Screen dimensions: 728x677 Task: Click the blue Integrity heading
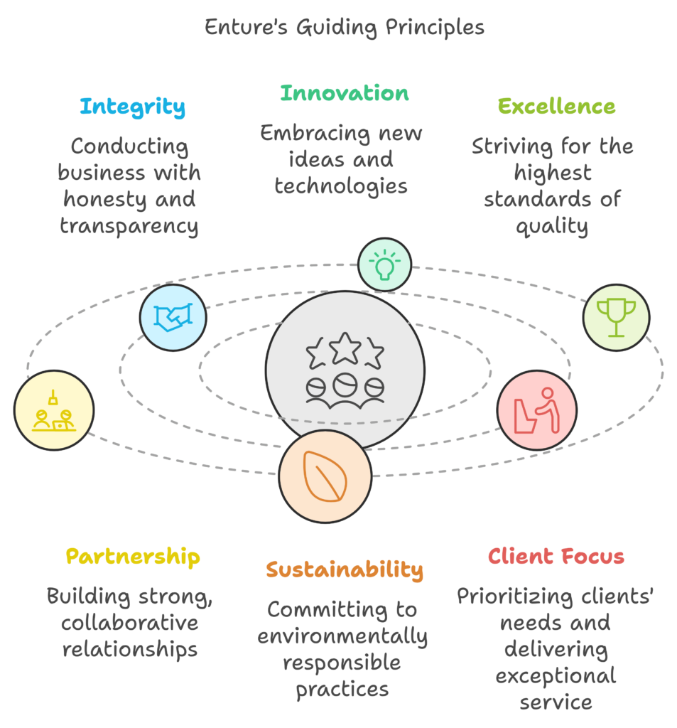tap(132, 107)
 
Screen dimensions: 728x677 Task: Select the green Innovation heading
tap(344, 94)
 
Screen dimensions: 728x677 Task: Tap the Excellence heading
tap(556, 107)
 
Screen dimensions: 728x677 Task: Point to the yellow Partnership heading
tap(132, 557)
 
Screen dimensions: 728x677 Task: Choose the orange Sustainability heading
tap(345, 570)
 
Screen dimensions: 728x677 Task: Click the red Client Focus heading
tap(556, 556)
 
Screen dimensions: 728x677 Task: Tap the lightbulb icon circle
tap(384, 264)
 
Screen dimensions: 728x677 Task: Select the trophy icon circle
tap(616, 317)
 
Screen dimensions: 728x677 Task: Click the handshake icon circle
tap(173, 317)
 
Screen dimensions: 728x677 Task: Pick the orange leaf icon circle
tap(325, 476)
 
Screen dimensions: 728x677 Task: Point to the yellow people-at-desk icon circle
tap(54, 410)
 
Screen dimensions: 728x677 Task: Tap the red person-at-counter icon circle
tap(536, 410)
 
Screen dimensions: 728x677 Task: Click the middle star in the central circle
tap(345, 346)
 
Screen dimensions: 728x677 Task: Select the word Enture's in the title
tap(245, 28)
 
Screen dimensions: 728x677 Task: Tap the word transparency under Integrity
tap(129, 226)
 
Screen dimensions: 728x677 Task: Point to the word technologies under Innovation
tap(341, 186)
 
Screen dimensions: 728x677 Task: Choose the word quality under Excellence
tap(552, 226)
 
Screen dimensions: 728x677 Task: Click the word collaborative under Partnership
tap(129, 623)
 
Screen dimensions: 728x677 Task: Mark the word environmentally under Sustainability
tap(342, 636)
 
